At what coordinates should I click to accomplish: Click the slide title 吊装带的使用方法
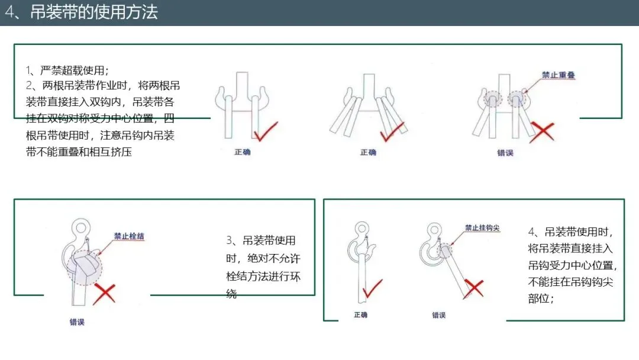point(93,12)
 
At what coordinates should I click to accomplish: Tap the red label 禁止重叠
point(558,75)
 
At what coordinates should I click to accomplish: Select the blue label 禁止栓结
point(129,236)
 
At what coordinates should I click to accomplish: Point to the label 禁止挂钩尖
point(482,227)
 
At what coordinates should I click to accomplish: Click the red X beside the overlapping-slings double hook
point(541,132)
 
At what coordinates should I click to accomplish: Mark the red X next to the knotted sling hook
point(104,294)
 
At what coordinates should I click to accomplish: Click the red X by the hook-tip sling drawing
point(473,288)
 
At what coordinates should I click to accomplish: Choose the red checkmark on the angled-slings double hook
point(392,131)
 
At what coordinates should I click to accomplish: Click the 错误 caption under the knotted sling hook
point(77,322)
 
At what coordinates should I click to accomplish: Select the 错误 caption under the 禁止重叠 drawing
point(505,153)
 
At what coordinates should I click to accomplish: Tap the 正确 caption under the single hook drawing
point(361,315)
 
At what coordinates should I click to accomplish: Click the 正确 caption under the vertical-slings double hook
point(243,152)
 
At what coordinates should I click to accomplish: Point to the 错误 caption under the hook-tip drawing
point(438,315)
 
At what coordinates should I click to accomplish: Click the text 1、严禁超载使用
point(67,70)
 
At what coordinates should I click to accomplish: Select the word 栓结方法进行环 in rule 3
point(263,277)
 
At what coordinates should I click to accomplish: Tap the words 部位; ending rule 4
point(541,298)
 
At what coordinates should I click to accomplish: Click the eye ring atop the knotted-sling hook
point(81,227)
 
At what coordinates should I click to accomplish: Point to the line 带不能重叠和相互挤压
point(79,152)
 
